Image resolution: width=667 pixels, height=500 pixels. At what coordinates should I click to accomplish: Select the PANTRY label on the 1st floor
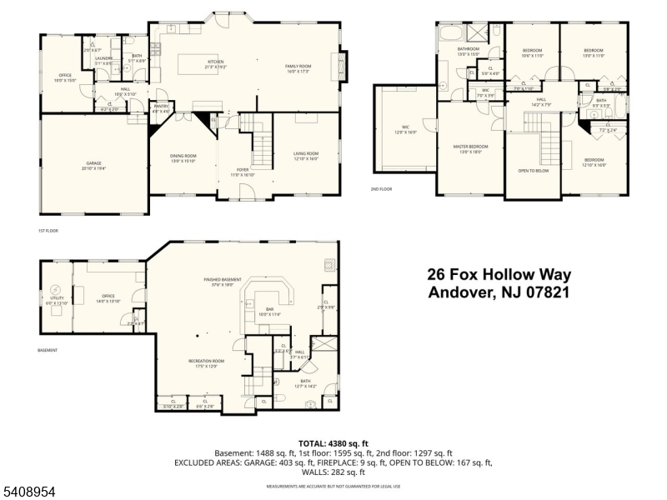tap(160, 107)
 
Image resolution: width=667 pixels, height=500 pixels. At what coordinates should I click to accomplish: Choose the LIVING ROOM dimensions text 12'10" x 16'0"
tap(307, 157)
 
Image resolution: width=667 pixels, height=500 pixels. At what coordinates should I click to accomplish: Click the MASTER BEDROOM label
tap(471, 147)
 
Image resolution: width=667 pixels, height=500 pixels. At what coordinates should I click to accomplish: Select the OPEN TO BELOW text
tap(533, 170)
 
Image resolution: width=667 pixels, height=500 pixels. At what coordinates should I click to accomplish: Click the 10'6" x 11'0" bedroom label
tap(533, 55)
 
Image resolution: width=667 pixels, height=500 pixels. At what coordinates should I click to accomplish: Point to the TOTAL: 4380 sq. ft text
tap(333, 443)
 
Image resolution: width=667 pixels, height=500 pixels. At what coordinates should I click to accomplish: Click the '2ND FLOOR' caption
tap(382, 189)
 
